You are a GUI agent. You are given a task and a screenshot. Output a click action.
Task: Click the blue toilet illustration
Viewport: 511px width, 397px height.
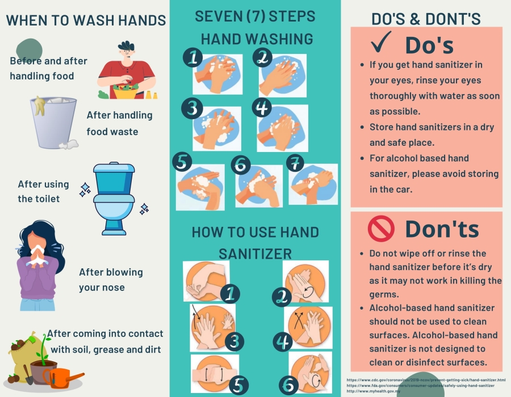tap(114, 198)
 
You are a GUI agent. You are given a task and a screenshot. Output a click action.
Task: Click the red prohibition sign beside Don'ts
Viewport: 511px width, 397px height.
tap(381, 229)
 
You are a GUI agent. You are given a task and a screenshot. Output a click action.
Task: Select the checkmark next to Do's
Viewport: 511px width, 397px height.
tap(381, 42)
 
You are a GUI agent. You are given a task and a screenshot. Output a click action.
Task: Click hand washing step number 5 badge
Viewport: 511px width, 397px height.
tap(182, 162)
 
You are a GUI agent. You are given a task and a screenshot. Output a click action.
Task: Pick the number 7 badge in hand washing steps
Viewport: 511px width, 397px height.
tap(295, 163)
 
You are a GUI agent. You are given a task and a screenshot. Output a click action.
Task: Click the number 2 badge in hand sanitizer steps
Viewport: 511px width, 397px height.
tap(282, 297)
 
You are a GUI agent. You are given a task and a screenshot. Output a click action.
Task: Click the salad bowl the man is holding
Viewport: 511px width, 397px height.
tap(126, 91)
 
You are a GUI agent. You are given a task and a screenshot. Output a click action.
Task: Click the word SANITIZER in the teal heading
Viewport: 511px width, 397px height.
tap(255, 254)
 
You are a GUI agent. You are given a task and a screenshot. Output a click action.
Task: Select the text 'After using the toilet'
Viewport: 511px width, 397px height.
tap(43, 191)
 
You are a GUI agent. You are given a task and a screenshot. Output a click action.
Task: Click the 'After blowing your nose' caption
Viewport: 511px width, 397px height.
tap(111, 280)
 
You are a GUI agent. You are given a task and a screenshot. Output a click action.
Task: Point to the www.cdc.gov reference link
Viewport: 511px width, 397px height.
tap(426, 380)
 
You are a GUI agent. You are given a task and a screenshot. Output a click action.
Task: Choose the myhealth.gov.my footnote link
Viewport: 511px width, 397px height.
tap(374, 391)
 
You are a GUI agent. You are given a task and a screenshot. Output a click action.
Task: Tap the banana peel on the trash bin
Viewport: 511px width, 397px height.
tap(40, 105)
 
